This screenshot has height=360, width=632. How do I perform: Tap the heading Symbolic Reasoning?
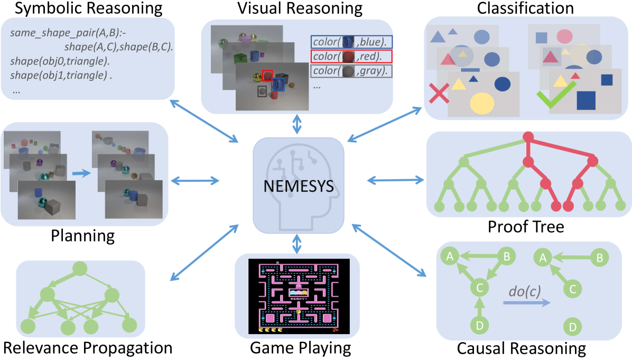[81, 8]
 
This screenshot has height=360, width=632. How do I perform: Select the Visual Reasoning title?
[300, 8]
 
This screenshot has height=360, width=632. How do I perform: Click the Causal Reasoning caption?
[521, 348]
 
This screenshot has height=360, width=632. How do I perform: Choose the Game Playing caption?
[300, 348]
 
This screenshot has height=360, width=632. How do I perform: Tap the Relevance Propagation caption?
[88, 348]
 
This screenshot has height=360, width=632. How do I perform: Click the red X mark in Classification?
[439, 95]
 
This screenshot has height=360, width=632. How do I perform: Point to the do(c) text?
[525, 291]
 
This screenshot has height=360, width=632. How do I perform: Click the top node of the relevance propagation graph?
[79, 268]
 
